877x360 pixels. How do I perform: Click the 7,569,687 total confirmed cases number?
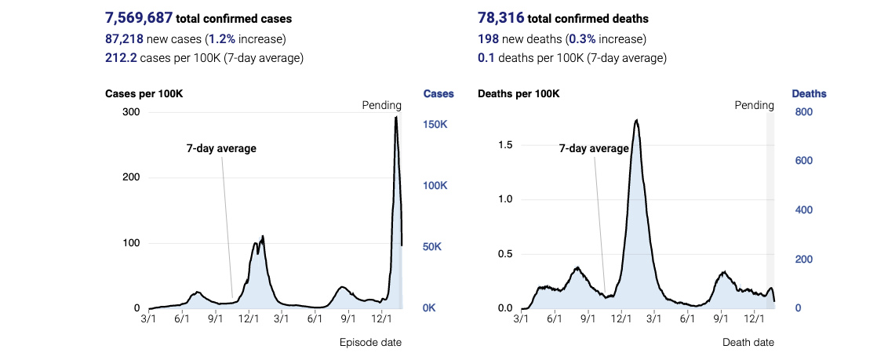tap(139, 18)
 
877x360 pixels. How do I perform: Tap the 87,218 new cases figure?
tap(125, 38)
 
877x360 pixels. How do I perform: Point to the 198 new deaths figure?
tap(488, 38)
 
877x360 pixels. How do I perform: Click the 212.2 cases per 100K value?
tap(121, 58)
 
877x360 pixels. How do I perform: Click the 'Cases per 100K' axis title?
tap(144, 94)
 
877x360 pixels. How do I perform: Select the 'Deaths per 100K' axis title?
tap(519, 94)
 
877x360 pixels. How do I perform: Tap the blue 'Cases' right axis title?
tap(438, 94)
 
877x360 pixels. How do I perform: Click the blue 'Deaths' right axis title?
tap(809, 94)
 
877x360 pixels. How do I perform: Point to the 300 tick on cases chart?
tap(130, 112)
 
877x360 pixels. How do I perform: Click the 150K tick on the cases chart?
tap(435, 125)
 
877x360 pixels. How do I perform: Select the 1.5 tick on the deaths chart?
tap(506, 145)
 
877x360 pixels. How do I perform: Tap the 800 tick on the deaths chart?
tap(803, 112)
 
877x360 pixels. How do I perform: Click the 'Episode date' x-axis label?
tap(370, 342)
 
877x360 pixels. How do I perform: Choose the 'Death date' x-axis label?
tap(748, 342)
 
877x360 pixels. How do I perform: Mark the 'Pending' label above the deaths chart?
tap(754, 105)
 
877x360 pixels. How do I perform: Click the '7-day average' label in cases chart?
tap(221, 147)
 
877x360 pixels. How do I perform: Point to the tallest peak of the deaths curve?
tap(636, 120)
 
